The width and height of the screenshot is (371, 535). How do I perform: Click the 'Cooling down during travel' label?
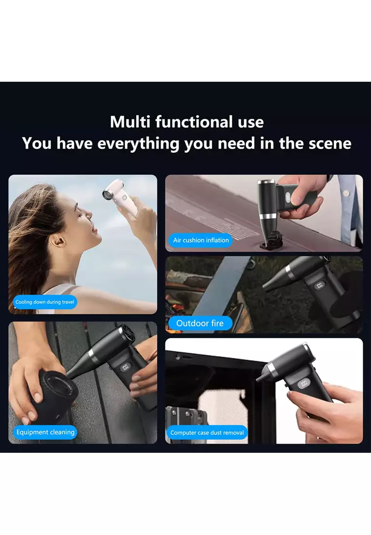tap(45, 302)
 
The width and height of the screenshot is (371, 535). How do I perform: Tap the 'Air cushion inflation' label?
tap(201, 240)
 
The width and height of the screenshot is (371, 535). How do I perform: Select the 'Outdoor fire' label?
tap(200, 323)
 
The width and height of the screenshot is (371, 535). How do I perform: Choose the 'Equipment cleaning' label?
tap(45, 432)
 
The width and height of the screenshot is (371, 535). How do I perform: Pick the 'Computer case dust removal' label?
tap(207, 433)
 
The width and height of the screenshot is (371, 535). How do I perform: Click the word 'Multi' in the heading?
tap(130, 122)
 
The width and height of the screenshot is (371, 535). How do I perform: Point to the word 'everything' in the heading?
tap(138, 144)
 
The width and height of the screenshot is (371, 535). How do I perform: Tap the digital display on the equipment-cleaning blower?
tap(125, 368)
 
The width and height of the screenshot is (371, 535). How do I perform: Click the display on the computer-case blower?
tap(303, 383)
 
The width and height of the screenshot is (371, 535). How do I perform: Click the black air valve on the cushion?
tap(269, 239)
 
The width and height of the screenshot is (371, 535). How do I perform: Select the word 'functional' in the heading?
tap(194, 122)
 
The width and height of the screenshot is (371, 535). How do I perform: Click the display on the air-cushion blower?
tap(288, 197)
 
